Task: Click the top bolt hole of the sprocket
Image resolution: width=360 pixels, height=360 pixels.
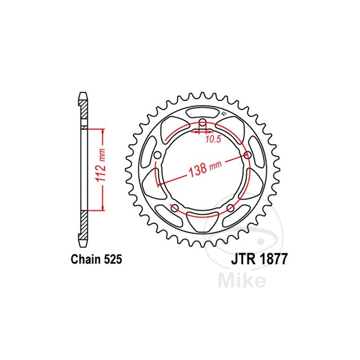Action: [202, 123]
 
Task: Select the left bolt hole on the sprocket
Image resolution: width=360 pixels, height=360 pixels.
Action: [157, 156]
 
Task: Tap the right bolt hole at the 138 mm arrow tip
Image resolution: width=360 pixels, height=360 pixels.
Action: [248, 155]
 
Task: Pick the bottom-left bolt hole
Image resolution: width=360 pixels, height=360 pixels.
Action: [174, 208]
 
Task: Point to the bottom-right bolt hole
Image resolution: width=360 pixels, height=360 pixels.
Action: [230, 208]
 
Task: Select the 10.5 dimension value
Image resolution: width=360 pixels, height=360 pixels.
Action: [213, 139]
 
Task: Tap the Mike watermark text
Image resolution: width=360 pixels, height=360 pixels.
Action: [242, 280]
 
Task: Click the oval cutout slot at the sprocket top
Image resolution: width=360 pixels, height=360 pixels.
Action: [202, 112]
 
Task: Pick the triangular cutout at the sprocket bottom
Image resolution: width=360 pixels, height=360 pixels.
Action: [202, 220]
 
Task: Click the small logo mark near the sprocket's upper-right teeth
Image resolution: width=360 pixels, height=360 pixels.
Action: [223, 112]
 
